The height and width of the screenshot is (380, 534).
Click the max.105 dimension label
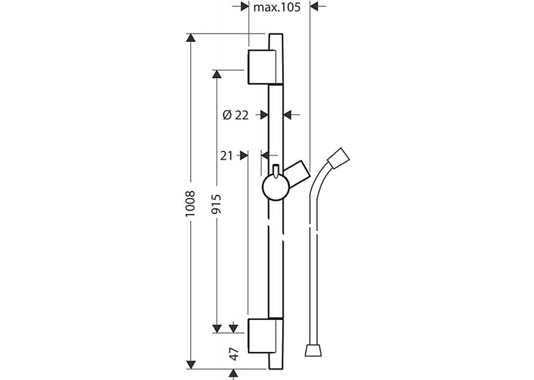click(277, 7)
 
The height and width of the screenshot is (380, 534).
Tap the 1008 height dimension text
click(190, 204)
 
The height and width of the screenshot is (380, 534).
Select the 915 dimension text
click(215, 204)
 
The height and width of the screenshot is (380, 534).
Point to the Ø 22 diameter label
click(236, 116)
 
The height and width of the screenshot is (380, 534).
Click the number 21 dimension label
click(227, 155)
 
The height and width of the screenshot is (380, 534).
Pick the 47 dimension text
click(234, 354)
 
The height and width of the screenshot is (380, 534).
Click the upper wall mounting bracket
click(266, 67)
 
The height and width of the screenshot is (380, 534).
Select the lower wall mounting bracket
click(266, 336)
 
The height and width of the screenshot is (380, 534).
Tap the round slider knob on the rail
click(275, 188)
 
